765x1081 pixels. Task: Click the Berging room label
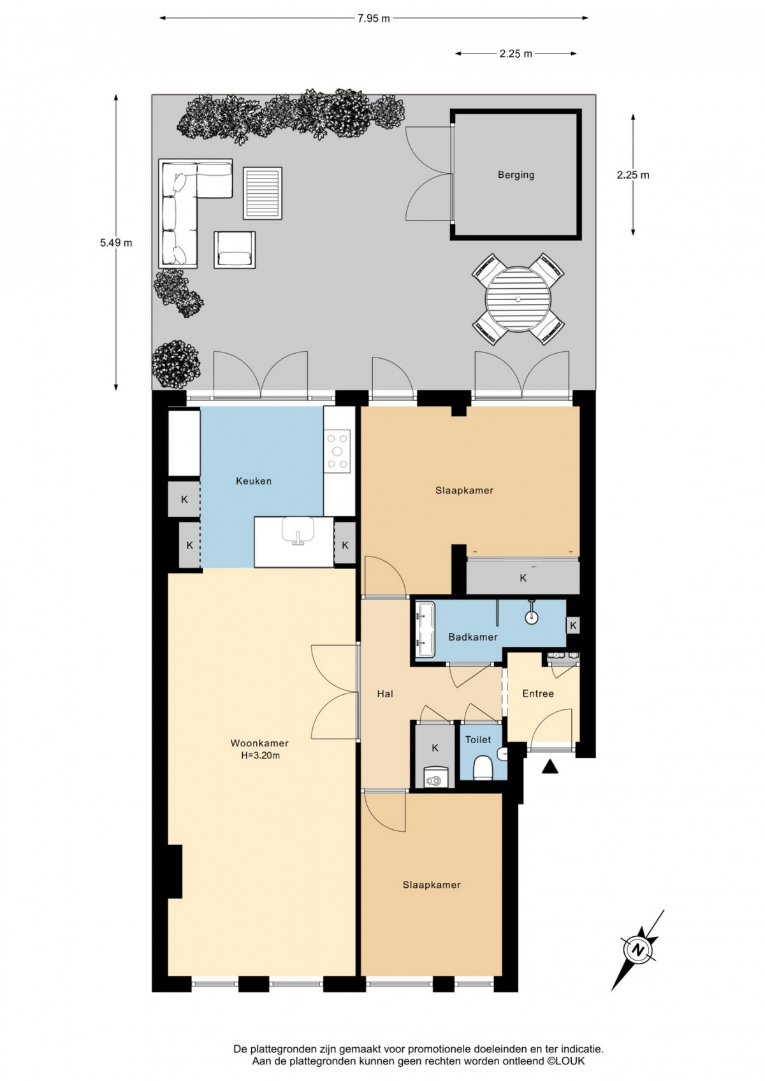coord(516,175)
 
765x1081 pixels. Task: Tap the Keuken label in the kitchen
coord(253,481)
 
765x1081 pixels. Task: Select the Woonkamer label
coord(259,743)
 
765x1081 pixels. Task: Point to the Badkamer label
coord(472,637)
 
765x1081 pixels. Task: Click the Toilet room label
coord(478,739)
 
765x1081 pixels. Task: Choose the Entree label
coord(537,693)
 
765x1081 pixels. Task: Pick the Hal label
coord(384,694)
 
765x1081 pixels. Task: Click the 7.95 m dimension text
coord(374,18)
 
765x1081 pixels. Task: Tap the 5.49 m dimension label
coord(116,243)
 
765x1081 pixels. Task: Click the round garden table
coord(518,299)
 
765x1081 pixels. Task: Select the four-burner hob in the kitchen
coord(337,451)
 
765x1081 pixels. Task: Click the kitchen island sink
coord(298,531)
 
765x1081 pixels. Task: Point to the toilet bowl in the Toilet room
coord(483,768)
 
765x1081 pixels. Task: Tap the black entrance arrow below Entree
coord(550,766)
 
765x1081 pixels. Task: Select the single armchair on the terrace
coord(235,249)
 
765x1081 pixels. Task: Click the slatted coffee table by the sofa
coord(263,192)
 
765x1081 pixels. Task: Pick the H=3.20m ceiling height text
coord(260,756)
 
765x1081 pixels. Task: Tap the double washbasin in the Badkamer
coord(425,629)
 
